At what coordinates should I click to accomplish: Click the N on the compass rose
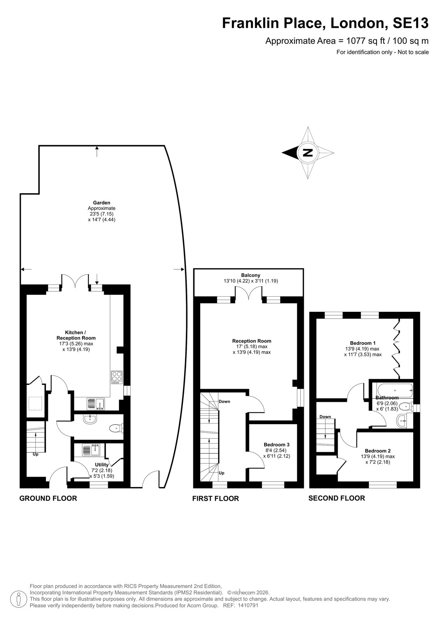pos(308,153)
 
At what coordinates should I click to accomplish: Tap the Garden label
pos(102,203)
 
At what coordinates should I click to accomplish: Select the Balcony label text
pos(251,275)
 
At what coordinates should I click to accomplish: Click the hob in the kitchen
pos(116,377)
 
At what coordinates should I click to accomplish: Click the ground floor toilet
pos(116,428)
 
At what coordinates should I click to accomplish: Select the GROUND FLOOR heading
pos(48,498)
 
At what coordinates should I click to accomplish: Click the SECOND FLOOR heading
pos(337,498)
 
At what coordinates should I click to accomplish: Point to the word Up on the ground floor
pos(35,454)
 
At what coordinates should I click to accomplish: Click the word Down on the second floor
pos(325,416)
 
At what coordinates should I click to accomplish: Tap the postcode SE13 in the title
pos(410,23)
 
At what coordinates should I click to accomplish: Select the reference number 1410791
pos(248,605)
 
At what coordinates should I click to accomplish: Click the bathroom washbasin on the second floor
pos(403,421)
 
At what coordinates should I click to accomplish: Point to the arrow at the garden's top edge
pos(97,151)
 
